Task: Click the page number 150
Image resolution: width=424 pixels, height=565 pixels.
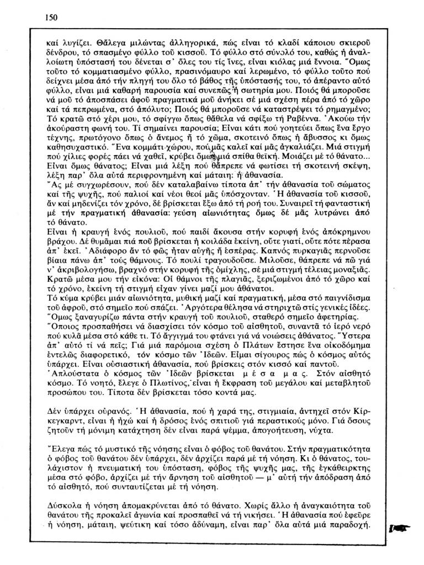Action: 51,17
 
